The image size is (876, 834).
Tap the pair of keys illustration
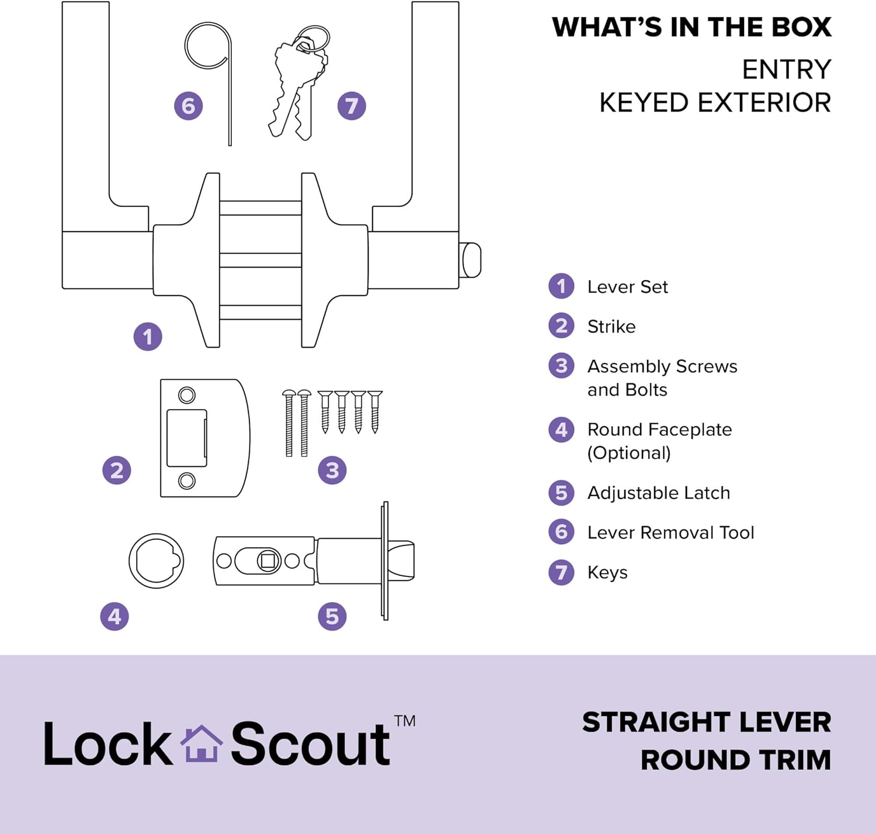(x=298, y=82)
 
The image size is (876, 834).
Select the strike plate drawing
(x=204, y=438)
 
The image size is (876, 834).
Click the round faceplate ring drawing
(x=157, y=560)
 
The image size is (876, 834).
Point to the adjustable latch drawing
(x=315, y=561)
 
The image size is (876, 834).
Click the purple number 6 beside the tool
(x=189, y=106)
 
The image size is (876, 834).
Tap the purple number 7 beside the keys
(x=352, y=106)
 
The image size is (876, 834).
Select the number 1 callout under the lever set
(x=148, y=337)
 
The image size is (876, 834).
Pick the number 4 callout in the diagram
(x=114, y=617)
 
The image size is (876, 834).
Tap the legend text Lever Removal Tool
(x=670, y=532)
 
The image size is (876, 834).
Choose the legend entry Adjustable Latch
(x=658, y=493)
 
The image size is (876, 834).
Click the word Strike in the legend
(x=611, y=326)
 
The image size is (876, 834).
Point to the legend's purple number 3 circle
(x=561, y=366)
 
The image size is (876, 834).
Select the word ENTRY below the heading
(x=786, y=70)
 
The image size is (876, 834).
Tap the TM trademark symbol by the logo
(x=405, y=721)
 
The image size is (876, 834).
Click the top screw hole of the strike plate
(x=187, y=396)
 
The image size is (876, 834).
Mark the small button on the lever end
(x=471, y=260)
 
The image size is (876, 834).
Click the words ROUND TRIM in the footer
(x=735, y=760)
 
